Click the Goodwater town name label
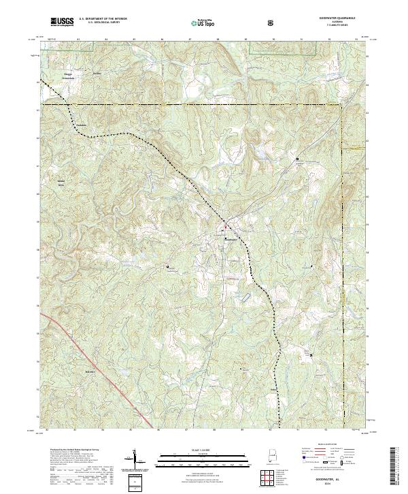tap(232, 240)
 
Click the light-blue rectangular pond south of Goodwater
tap(243, 298)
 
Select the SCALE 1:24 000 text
tap(203, 450)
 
